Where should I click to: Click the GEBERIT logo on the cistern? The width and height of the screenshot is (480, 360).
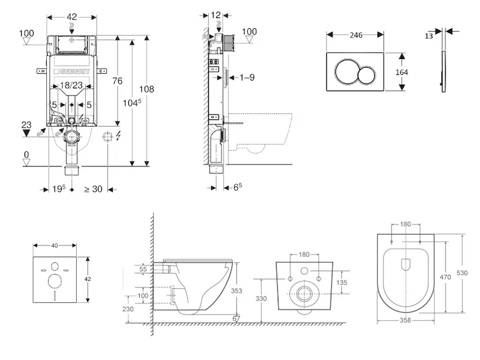click(71, 71)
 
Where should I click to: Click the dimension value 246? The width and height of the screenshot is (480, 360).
click(356, 35)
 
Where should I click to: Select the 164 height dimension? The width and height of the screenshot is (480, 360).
click(401, 72)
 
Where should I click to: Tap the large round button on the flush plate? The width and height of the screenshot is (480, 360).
click(347, 71)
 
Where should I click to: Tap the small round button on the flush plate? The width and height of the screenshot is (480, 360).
click(366, 74)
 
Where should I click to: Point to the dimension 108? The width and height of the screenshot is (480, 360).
click(146, 89)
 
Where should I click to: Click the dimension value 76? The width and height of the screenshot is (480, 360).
click(117, 81)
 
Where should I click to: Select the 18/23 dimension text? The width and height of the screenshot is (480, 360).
click(71, 85)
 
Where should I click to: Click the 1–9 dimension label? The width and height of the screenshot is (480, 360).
click(247, 77)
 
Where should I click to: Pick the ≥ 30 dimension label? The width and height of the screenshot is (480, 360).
click(93, 189)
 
